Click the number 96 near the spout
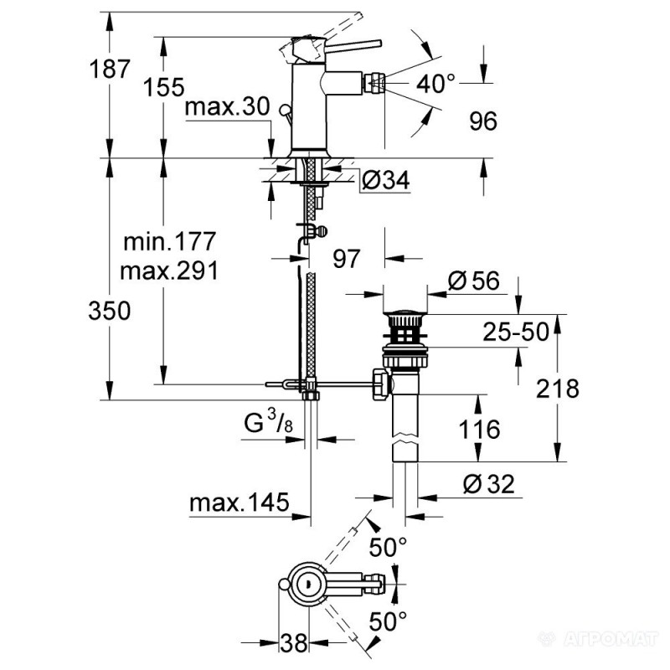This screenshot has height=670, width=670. pyautogui.click(x=482, y=122)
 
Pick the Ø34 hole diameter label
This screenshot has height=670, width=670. pyautogui.click(x=386, y=179)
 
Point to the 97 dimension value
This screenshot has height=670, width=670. pyautogui.click(x=346, y=259)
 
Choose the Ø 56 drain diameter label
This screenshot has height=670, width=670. pyautogui.click(x=474, y=281)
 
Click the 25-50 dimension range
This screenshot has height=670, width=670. pyautogui.click(x=514, y=332)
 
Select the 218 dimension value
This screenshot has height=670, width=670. pyautogui.click(x=559, y=389)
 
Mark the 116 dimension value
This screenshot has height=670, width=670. pyautogui.click(x=479, y=430)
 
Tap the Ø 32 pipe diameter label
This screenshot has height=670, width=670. pyautogui.click(x=486, y=483)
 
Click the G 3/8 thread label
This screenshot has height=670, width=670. pyautogui.click(x=267, y=425)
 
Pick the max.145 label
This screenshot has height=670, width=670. pyautogui.click(x=239, y=503)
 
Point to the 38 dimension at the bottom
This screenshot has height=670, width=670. pyautogui.click(x=293, y=644)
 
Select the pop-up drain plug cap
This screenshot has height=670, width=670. pyautogui.click(x=405, y=319)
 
